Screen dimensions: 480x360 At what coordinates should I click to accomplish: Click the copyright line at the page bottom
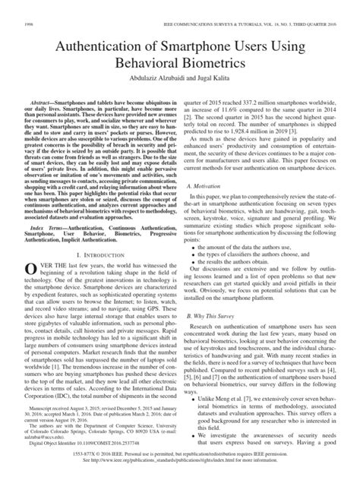click(180, 464)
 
